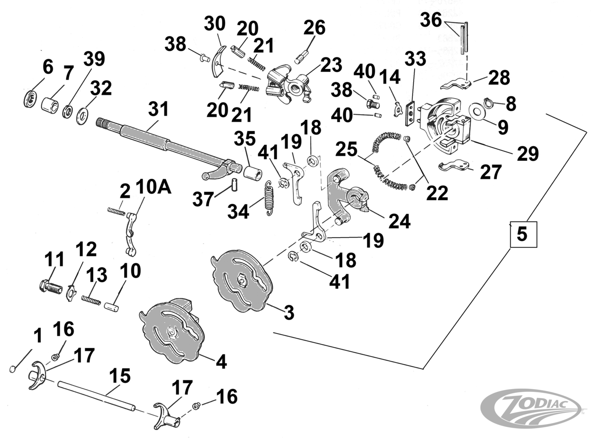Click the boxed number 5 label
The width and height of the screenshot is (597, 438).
(x=522, y=234)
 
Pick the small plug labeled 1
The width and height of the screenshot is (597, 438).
(x=13, y=369)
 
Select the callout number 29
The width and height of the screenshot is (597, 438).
(x=528, y=153)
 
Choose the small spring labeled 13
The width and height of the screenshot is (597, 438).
(x=91, y=300)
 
